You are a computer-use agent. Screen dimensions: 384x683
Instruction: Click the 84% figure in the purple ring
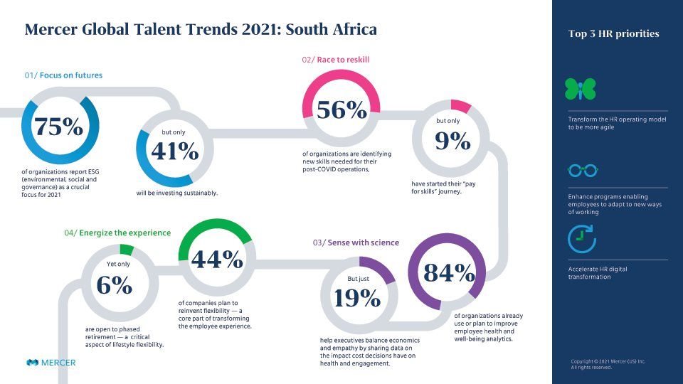[x=449, y=272]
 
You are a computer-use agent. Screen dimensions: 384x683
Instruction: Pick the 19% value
[x=356, y=298]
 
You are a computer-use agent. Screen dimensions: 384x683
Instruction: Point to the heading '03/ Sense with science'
[x=356, y=242]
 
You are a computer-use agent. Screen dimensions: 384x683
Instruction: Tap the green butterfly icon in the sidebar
[x=580, y=89]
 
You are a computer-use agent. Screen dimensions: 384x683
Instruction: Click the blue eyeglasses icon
[x=581, y=171]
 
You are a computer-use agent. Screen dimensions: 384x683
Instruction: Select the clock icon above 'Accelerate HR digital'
[x=581, y=239]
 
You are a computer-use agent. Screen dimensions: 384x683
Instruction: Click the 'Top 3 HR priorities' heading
[x=613, y=33]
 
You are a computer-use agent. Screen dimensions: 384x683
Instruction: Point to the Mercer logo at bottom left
[x=51, y=363]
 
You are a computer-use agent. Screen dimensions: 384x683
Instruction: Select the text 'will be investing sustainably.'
[x=177, y=193]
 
